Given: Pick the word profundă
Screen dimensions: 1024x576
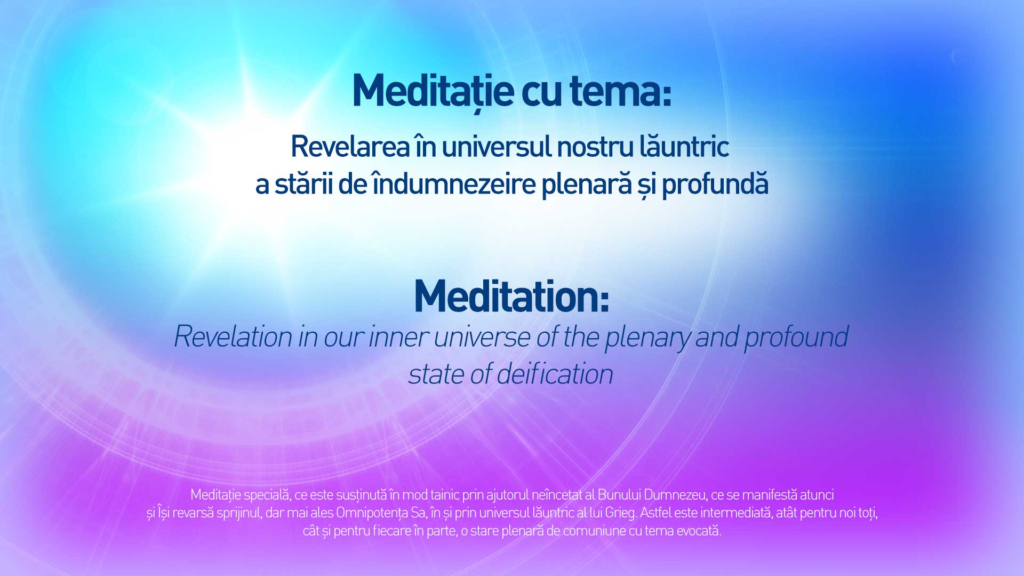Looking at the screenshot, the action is [715, 183].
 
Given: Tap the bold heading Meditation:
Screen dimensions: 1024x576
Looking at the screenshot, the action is [511, 297].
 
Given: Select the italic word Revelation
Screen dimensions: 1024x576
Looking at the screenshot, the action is [234, 337].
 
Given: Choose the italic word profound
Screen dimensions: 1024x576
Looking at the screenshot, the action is [796, 338].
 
